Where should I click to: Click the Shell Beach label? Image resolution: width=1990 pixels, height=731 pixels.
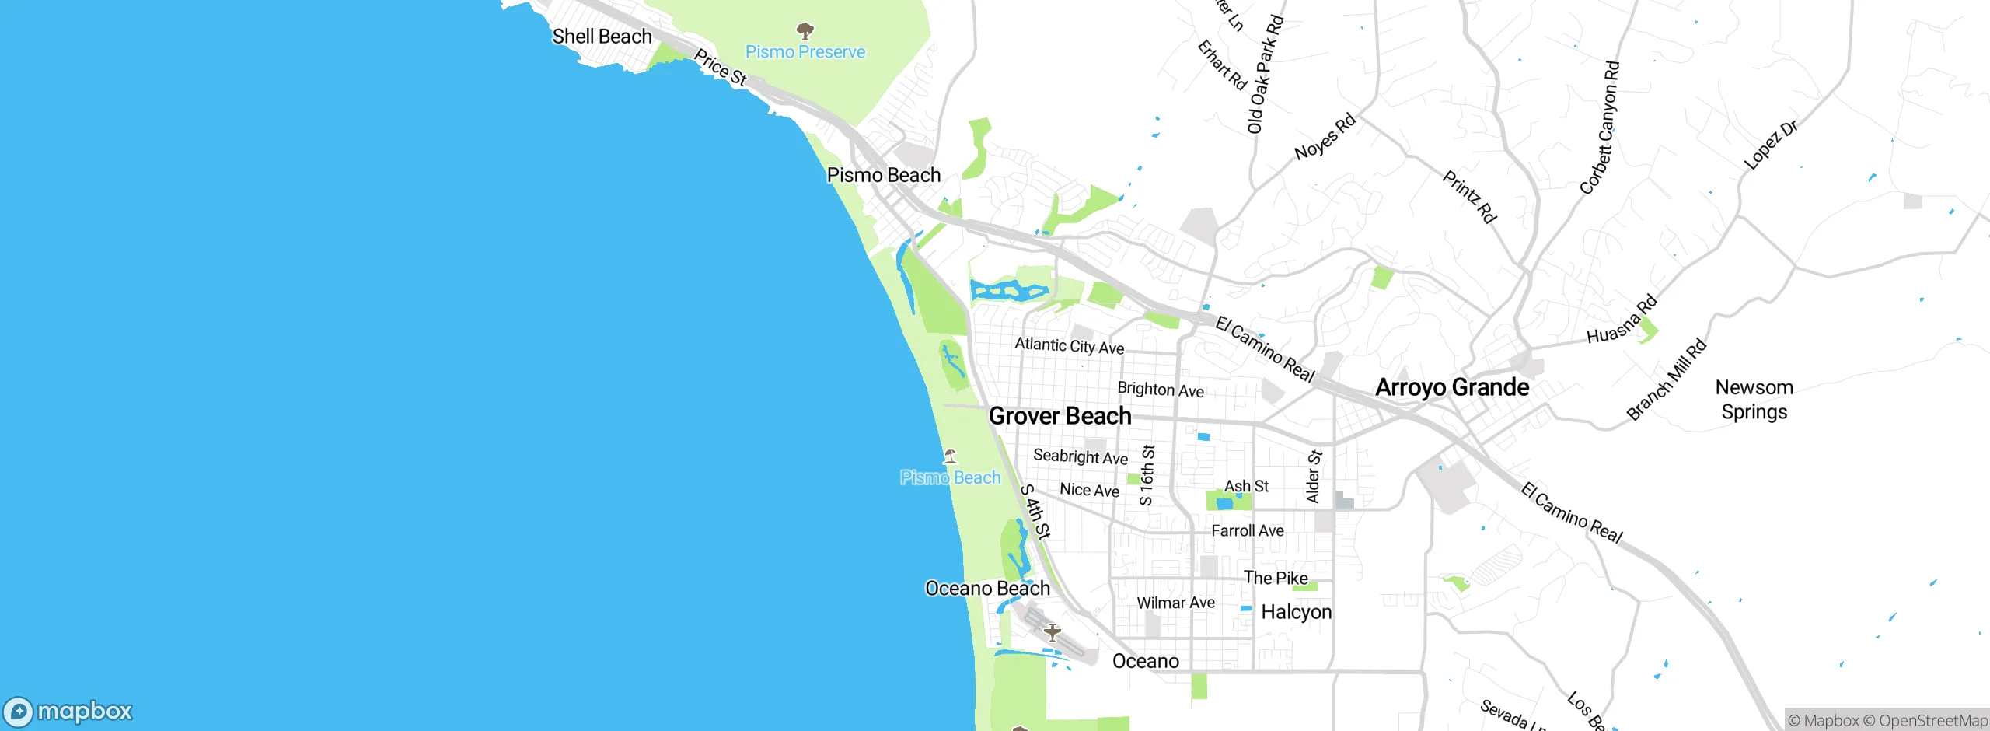(602, 37)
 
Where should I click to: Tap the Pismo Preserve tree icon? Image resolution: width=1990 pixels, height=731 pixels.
(805, 31)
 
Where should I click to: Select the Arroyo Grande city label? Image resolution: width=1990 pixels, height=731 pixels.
(1452, 387)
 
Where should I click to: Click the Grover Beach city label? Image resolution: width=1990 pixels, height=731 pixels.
(1060, 416)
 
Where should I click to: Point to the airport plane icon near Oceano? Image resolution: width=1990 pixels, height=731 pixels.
(1052, 632)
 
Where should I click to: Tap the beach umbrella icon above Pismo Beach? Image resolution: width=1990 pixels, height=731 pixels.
(950, 456)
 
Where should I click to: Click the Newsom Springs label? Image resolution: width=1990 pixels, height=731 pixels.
(1754, 400)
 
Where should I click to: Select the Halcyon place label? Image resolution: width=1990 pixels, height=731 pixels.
(1296, 612)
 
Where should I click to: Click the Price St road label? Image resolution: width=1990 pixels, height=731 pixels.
(720, 68)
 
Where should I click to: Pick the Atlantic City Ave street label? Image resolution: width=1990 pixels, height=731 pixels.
(1069, 346)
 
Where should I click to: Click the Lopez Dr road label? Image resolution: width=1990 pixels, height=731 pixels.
(1771, 145)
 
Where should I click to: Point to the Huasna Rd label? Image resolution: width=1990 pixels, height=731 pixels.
(1622, 320)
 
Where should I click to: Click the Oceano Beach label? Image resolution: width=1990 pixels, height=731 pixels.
(987, 589)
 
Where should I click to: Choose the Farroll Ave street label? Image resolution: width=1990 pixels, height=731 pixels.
(1247, 531)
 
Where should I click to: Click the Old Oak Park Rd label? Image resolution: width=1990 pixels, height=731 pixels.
(1265, 75)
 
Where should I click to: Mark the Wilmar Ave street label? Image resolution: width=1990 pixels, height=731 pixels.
(1175, 603)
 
